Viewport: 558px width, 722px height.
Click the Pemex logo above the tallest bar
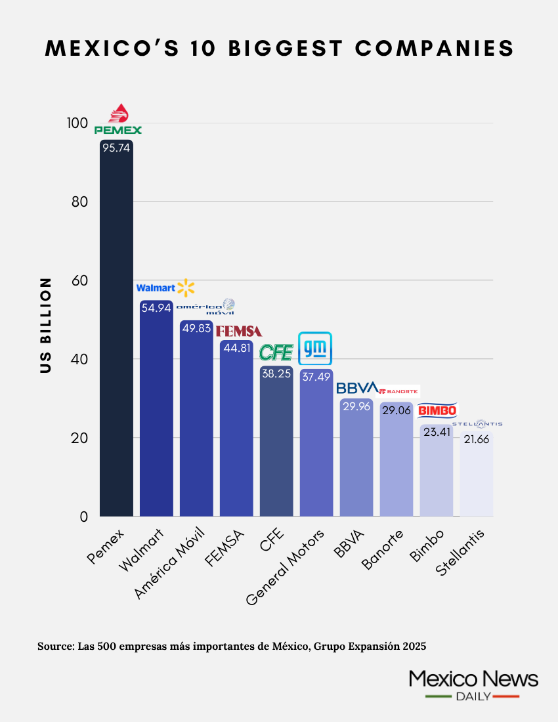click(118, 120)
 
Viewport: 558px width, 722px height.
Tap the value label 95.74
click(116, 148)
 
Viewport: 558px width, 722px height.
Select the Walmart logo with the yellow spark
click(165, 287)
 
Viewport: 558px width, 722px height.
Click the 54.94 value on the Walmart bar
click(156, 308)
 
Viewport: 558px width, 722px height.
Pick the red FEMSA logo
click(239, 331)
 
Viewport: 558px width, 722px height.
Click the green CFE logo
click(276, 352)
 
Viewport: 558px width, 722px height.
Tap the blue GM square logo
click(315, 348)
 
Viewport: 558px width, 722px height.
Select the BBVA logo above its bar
click(357, 387)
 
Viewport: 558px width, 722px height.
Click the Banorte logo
click(398, 391)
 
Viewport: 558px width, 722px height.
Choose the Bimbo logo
click(437, 411)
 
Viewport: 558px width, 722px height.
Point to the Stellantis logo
click(477, 424)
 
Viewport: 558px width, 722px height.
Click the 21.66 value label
click(477, 440)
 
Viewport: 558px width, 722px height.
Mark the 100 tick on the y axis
click(76, 123)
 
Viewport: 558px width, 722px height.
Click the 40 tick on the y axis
click(79, 359)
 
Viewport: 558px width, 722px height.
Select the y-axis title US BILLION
click(45, 325)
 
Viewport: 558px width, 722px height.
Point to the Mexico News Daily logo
click(473, 685)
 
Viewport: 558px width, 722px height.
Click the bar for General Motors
click(316, 446)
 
